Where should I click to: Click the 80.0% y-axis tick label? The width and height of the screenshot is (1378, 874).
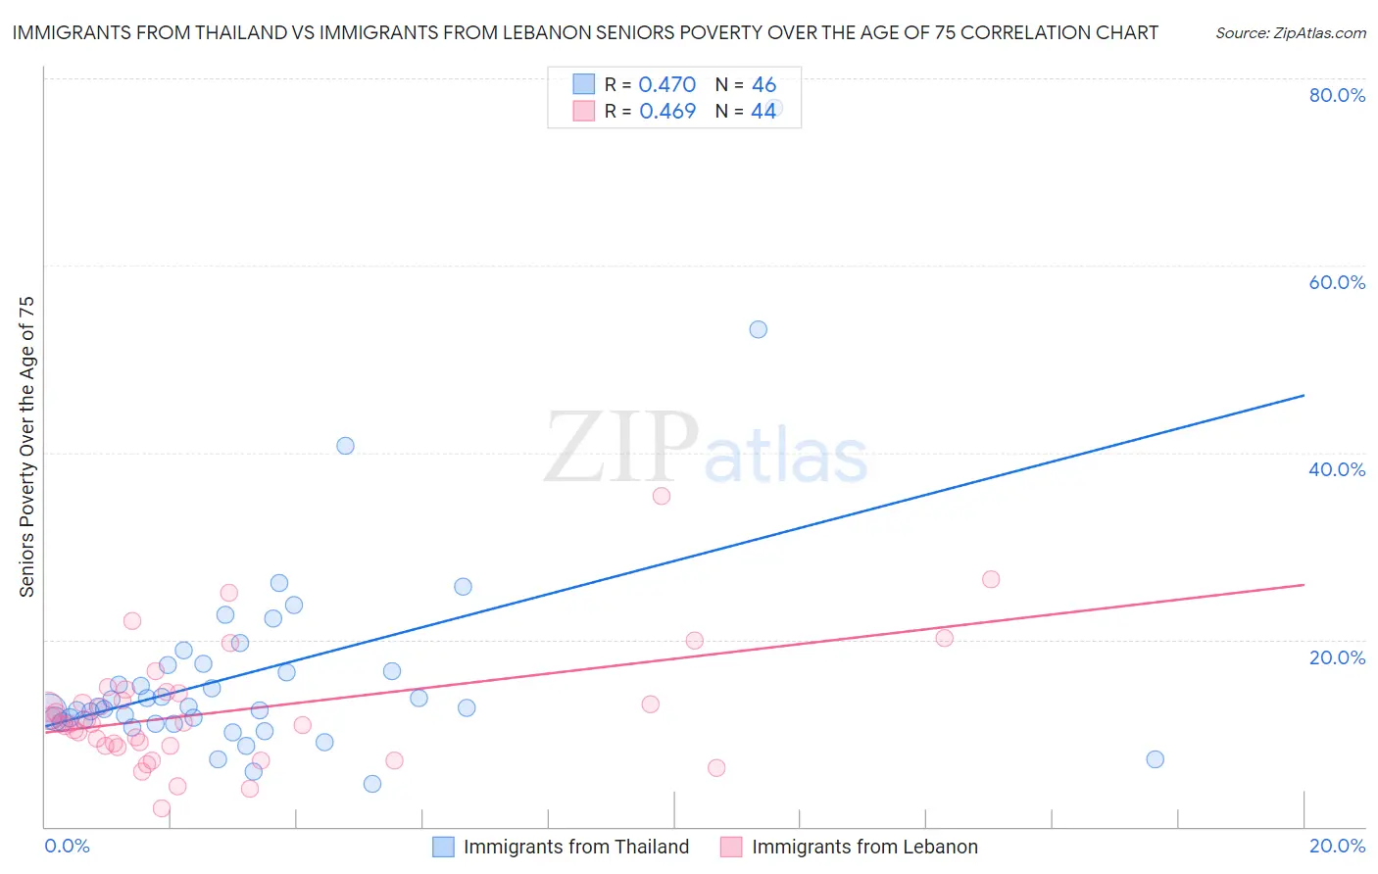pyautogui.click(x=1337, y=95)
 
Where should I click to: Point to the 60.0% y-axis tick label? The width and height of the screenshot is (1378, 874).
pyautogui.click(x=1337, y=282)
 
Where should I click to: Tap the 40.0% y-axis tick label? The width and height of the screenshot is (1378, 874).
pyautogui.click(x=1337, y=469)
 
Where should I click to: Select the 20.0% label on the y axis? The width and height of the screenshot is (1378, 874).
pyautogui.click(x=1337, y=657)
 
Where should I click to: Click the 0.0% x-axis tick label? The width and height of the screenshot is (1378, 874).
pyautogui.click(x=67, y=846)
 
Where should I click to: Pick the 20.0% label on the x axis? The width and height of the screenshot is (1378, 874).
pyautogui.click(x=1337, y=846)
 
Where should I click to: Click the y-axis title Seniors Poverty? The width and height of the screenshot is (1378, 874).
pyautogui.click(x=27, y=447)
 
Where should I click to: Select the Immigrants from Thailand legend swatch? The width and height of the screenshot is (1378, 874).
pyautogui.click(x=443, y=847)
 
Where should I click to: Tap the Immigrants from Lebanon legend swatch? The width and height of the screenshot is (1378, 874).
pyautogui.click(x=731, y=847)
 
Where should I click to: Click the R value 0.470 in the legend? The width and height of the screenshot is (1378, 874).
pyautogui.click(x=666, y=84)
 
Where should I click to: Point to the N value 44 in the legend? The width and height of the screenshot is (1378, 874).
pyautogui.click(x=763, y=111)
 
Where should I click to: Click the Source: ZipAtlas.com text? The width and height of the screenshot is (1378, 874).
pyautogui.click(x=1290, y=33)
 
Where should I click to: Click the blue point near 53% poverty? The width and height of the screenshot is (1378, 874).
pyautogui.click(x=758, y=329)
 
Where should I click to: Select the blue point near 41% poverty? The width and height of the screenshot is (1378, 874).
pyautogui.click(x=345, y=446)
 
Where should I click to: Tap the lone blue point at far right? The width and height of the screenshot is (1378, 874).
pyautogui.click(x=1155, y=759)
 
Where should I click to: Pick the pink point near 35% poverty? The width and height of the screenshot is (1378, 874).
pyautogui.click(x=662, y=496)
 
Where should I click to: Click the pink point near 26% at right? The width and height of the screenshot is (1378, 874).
pyautogui.click(x=991, y=579)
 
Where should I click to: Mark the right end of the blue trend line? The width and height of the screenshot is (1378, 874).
pyautogui.click(x=1304, y=395)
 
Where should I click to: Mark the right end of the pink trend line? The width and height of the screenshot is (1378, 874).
pyautogui.click(x=1304, y=585)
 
